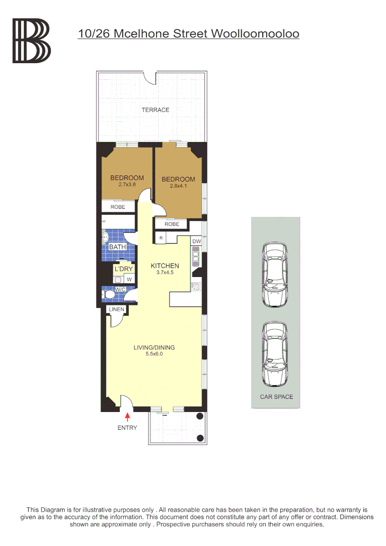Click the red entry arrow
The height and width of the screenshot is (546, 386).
(127, 417)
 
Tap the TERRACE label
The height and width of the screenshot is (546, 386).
(155, 110)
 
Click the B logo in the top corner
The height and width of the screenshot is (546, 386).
(31, 41)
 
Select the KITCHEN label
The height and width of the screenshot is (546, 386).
(165, 266)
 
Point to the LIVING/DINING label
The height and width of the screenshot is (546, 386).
(154, 347)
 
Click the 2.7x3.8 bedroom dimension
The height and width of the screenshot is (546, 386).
(127, 185)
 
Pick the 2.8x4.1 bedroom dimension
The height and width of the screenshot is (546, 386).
(178, 186)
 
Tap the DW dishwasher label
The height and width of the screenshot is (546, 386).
(197, 242)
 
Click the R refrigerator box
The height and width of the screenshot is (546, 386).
(161, 238)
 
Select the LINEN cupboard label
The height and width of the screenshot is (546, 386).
(116, 309)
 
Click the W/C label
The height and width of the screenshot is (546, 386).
(120, 289)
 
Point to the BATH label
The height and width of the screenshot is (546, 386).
(117, 247)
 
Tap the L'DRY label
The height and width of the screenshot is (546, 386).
(124, 269)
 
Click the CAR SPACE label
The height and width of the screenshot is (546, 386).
(276, 397)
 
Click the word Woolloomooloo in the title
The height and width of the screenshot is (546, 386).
(255, 34)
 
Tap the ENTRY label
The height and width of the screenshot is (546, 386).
(127, 428)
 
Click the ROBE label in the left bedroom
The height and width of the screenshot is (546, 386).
(118, 207)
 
